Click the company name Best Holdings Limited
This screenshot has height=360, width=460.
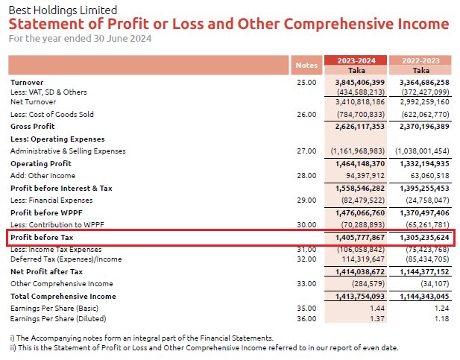pyautogui.click(x=63, y=10)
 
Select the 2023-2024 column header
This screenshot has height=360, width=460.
pyautogui.click(x=356, y=60)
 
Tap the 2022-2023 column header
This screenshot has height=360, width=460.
pyautogui.click(x=421, y=60)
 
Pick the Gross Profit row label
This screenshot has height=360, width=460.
pyautogui.click(x=33, y=127)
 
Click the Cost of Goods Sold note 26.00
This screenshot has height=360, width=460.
pyautogui.click(x=306, y=115)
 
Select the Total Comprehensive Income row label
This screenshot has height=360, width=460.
pyautogui.click(x=62, y=296)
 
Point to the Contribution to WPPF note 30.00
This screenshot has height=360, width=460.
pyautogui.click(x=306, y=224)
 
